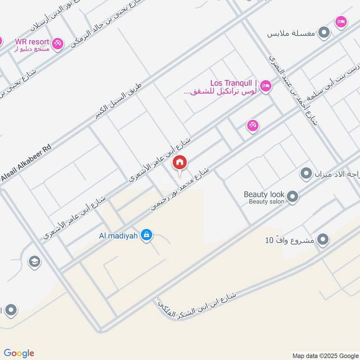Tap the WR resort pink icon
(57, 44)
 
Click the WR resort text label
(32, 41)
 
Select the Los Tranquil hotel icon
(266, 85)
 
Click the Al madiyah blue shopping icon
(145, 235)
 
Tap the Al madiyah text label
(118, 235)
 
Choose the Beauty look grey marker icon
(292, 197)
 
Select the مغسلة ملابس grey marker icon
(324, 33)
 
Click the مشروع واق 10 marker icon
(323, 240)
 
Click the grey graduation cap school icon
(34, 261)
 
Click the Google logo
(19, 353)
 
